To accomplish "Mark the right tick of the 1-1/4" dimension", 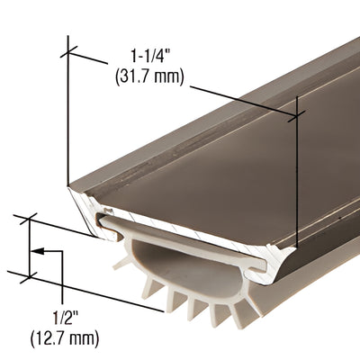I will (297, 112).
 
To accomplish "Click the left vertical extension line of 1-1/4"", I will (69, 117).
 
